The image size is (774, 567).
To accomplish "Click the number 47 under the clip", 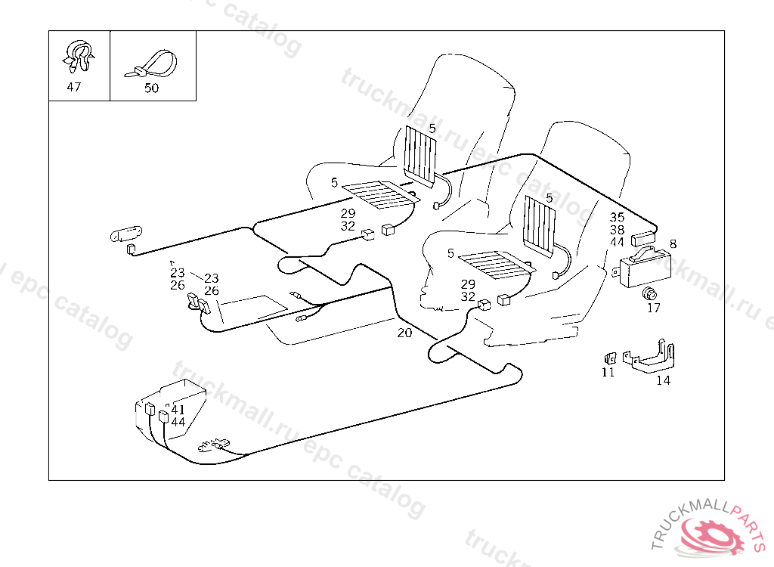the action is point(73,87).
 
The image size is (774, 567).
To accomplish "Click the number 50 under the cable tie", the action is point(151,88).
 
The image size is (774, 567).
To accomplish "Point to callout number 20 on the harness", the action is point(404,333).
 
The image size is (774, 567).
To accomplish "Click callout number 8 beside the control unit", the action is point(673,243).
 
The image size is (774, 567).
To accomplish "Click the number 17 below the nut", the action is point(653,308).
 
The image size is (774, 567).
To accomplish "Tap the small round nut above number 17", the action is point(649,293).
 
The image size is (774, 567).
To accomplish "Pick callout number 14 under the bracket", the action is point(663,380).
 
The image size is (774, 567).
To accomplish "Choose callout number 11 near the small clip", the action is point(608,372).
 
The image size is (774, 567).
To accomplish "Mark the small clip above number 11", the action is point(610,357).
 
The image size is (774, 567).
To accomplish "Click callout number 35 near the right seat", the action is point(618,218).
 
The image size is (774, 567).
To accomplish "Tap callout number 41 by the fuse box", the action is point(178,410).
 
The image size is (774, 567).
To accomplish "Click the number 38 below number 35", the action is point(618,230).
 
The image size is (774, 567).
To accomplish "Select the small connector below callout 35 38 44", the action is point(642,237).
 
